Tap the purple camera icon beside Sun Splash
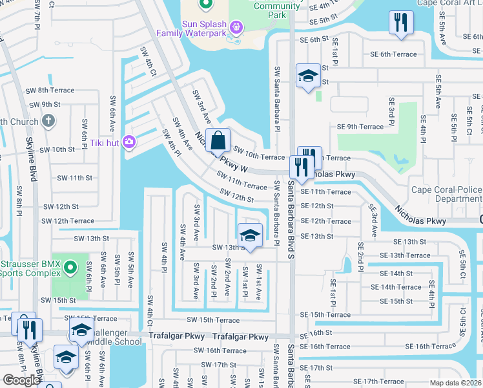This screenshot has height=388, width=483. click(236, 27)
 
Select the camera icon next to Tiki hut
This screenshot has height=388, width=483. click(129, 141)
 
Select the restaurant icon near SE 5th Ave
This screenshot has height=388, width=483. click(401, 23)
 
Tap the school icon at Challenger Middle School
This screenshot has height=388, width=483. click(81, 330)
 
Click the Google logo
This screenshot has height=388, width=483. click(21, 380)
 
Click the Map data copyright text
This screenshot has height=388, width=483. click(456, 383)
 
